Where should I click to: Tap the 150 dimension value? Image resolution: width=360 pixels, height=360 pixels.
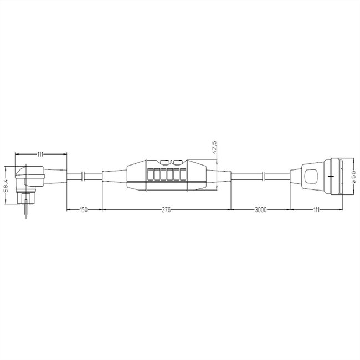pyautogui.click(x=83, y=210)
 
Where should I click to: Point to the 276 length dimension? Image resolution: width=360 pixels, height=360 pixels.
pyautogui.click(x=166, y=210)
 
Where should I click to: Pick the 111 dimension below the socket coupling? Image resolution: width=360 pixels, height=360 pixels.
pyautogui.click(x=316, y=210)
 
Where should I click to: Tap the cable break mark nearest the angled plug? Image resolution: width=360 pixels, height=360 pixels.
pyautogui.click(x=83, y=176)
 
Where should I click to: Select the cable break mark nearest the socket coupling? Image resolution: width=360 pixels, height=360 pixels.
pyautogui.click(x=265, y=176)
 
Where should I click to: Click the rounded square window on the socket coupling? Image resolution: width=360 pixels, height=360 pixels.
pyautogui.click(x=310, y=177)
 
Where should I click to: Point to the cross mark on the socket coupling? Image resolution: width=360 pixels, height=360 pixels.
pyautogui.click(x=331, y=176)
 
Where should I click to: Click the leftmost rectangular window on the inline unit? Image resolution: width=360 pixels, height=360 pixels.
pyautogui.click(x=150, y=176)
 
